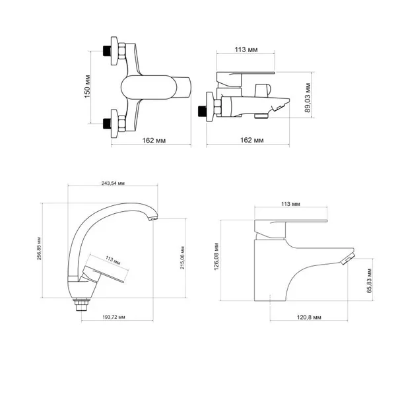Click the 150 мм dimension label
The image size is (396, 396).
(x=87, y=86)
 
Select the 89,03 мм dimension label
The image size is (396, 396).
(x=308, y=98)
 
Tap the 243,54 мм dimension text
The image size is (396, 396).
(x=113, y=183)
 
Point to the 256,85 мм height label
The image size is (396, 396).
(x=39, y=249)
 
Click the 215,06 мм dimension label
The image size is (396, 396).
(x=182, y=257)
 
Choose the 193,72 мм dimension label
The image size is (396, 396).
(x=114, y=317)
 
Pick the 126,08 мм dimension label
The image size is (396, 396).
(x=216, y=257)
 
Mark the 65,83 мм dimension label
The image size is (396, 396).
(x=370, y=280)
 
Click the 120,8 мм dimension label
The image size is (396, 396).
(x=309, y=317)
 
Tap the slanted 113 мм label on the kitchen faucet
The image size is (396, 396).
(x=113, y=261)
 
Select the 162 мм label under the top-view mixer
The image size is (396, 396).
(x=154, y=140)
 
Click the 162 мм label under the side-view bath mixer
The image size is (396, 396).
(x=252, y=140)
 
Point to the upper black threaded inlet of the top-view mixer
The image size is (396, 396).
(x=107, y=51)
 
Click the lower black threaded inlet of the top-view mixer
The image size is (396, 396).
(x=107, y=124)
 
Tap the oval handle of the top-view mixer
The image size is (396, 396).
(x=148, y=87)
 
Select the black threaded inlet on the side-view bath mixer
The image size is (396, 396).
(x=202, y=111)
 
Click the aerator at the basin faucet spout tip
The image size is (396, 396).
(x=348, y=259)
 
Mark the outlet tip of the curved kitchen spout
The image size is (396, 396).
(x=153, y=218)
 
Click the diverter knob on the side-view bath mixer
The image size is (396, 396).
(x=262, y=90)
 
